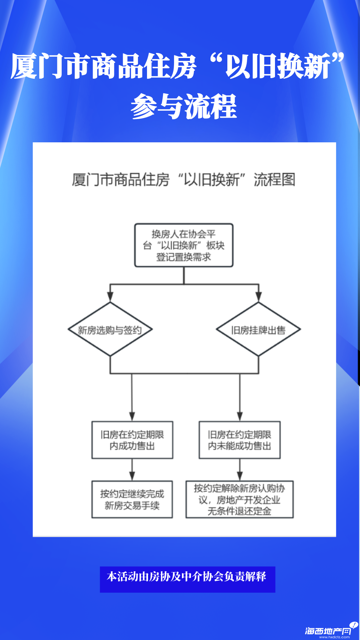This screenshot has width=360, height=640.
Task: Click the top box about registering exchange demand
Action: [184, 245]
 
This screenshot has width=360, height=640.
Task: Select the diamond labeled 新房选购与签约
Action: [110, 329]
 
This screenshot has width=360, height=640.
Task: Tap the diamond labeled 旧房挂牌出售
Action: [258, 329]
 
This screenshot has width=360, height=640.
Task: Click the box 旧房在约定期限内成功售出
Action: [132, 440]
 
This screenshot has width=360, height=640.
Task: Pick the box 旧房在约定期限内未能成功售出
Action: [240, 440]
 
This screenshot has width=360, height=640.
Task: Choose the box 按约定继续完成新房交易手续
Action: [132, 499]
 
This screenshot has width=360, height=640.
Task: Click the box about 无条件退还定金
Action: [240, 499]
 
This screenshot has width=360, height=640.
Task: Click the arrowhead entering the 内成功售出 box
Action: [132, 416]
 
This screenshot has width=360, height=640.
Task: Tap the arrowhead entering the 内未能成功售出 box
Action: [240, 416]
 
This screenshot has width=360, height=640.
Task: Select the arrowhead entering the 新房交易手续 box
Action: [132, 476]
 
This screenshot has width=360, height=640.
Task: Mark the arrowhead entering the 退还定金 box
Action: [240, 476]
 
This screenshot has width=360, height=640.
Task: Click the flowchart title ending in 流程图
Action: [184, 180]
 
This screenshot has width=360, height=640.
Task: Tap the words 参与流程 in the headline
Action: [184, 107]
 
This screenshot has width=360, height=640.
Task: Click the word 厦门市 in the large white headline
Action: [50, 66]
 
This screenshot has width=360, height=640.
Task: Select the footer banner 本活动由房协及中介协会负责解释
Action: [187, 579]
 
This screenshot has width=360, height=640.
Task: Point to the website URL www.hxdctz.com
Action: [334, 637]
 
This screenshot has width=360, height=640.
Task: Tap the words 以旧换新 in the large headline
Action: [278, 66]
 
